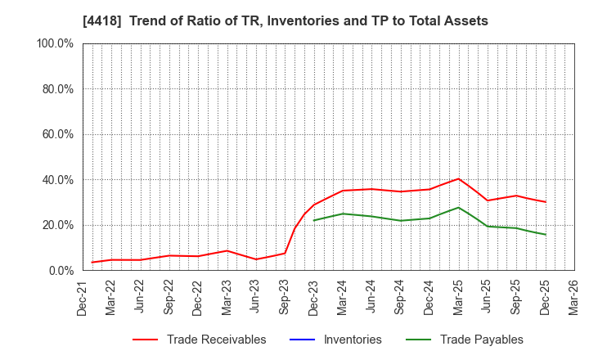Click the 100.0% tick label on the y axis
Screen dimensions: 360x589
point(55,43)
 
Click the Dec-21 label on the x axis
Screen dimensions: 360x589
point(83,299)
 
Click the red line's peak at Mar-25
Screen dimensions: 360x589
point(459,178)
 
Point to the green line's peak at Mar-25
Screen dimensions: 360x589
point(459,207)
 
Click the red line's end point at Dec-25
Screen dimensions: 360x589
point(546,202)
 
